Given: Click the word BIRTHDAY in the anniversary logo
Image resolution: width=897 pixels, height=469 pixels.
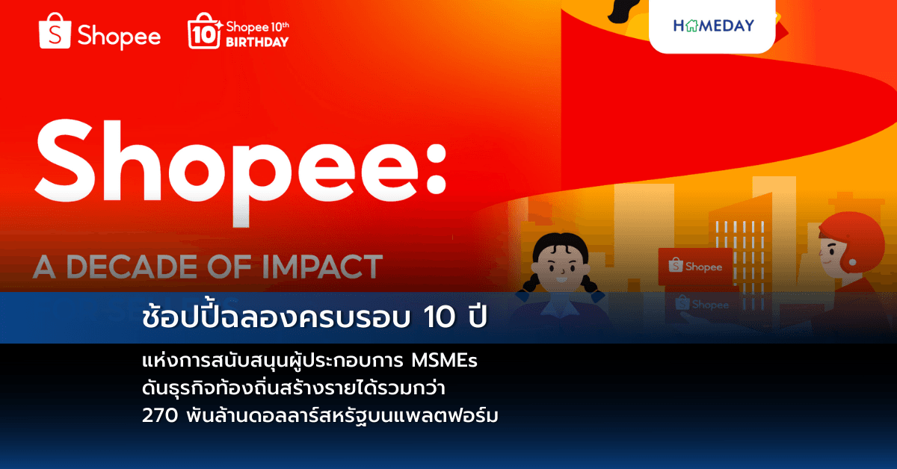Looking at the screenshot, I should [x=259, y=42].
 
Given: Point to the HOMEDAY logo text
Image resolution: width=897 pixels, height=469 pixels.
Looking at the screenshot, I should [x=713, y=25].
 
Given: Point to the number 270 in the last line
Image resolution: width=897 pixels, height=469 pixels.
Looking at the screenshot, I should [x=158, y=414].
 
